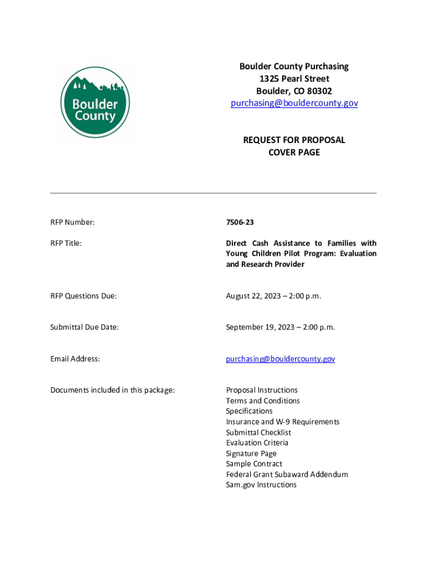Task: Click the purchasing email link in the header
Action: point(294,103)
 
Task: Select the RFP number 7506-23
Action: point(240,222)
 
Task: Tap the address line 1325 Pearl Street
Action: point(294,79)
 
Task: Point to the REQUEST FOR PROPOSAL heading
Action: point(294,140)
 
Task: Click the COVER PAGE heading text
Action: point(294,152)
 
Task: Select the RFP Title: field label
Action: point(66,244)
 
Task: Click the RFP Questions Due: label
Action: point(84,296)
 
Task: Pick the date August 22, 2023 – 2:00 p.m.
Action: point(273,296)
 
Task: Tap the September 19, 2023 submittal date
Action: point(280,327)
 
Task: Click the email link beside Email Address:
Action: point(280,359)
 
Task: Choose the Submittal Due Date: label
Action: point(85,327)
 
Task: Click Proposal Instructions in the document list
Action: point(262,390)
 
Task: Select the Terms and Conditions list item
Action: point(263,400)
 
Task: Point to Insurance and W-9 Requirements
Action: point(283,422)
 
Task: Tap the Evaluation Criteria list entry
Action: point(257,443)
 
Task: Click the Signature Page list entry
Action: point(251,453)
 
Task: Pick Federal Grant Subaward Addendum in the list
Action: point(287,474)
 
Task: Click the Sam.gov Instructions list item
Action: point(261,485)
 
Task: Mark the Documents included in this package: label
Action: point(113,390)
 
